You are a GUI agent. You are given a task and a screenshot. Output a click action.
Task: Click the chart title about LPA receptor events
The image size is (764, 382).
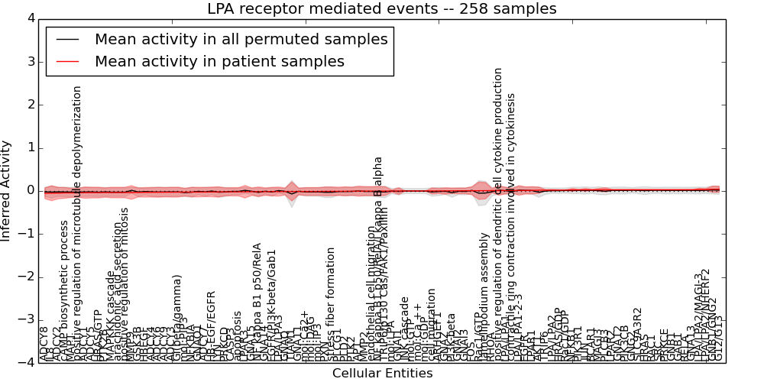tap(381, 9)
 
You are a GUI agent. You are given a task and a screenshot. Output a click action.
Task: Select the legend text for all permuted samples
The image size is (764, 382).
tap(241, 39)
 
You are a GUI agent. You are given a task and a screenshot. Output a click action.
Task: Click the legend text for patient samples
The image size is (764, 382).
tap(219, 61)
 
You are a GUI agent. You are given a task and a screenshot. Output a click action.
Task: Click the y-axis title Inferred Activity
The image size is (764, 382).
tap(7, 190)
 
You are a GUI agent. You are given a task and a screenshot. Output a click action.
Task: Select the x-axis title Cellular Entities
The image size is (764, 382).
tap(382, 374)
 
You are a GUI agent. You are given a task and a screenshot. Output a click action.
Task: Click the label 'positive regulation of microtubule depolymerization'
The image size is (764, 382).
tap(76, 222)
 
